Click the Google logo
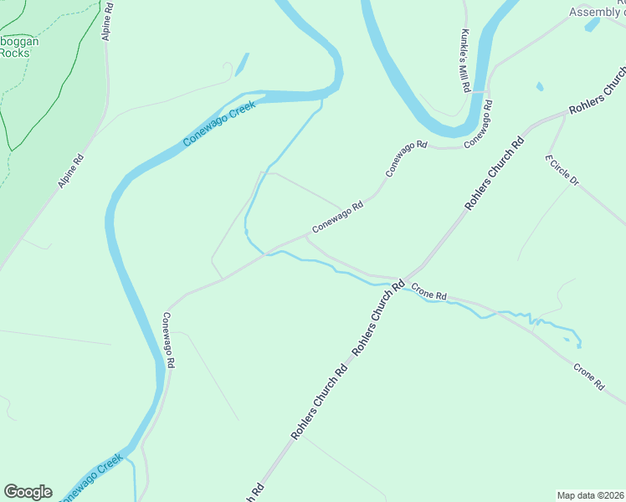pyautogui.click(x=28, y=492)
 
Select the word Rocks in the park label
pyautogui.click(x=14, y=53)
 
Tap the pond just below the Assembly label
pyautogui.click(x=593, y=24)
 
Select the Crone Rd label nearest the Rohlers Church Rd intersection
pyautogui.click(x=429, y=295)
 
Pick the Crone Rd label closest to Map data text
pyautogui.click(x=588, y=376)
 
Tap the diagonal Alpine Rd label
pyautogui.click(x=71, y=171)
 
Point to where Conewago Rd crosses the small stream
pyautogui.click(x=267, y=254)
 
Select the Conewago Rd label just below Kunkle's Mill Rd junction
pyautogui.click(x=478, y=125)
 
